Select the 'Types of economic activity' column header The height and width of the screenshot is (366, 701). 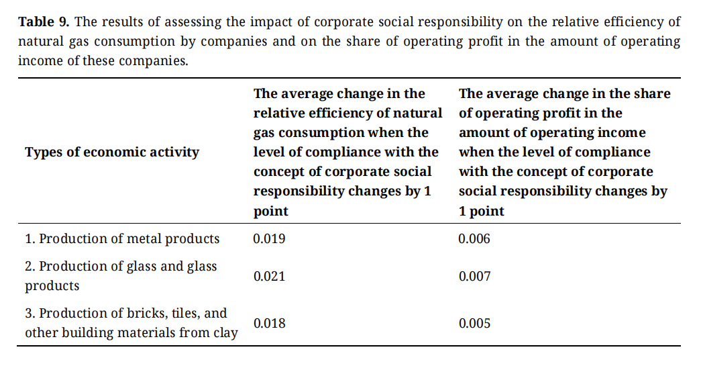(112, 152)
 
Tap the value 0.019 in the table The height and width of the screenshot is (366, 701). (269, 238)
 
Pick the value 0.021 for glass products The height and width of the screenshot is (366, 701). (269, 276)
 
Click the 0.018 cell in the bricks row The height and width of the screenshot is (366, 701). (269, 323)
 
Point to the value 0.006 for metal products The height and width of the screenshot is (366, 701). (474, 238)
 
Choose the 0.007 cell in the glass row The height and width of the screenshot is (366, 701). (474, 276)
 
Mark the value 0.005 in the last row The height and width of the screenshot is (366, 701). (474, 323)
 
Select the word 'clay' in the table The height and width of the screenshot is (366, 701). (224, 332)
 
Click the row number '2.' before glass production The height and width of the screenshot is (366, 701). (30, 266)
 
